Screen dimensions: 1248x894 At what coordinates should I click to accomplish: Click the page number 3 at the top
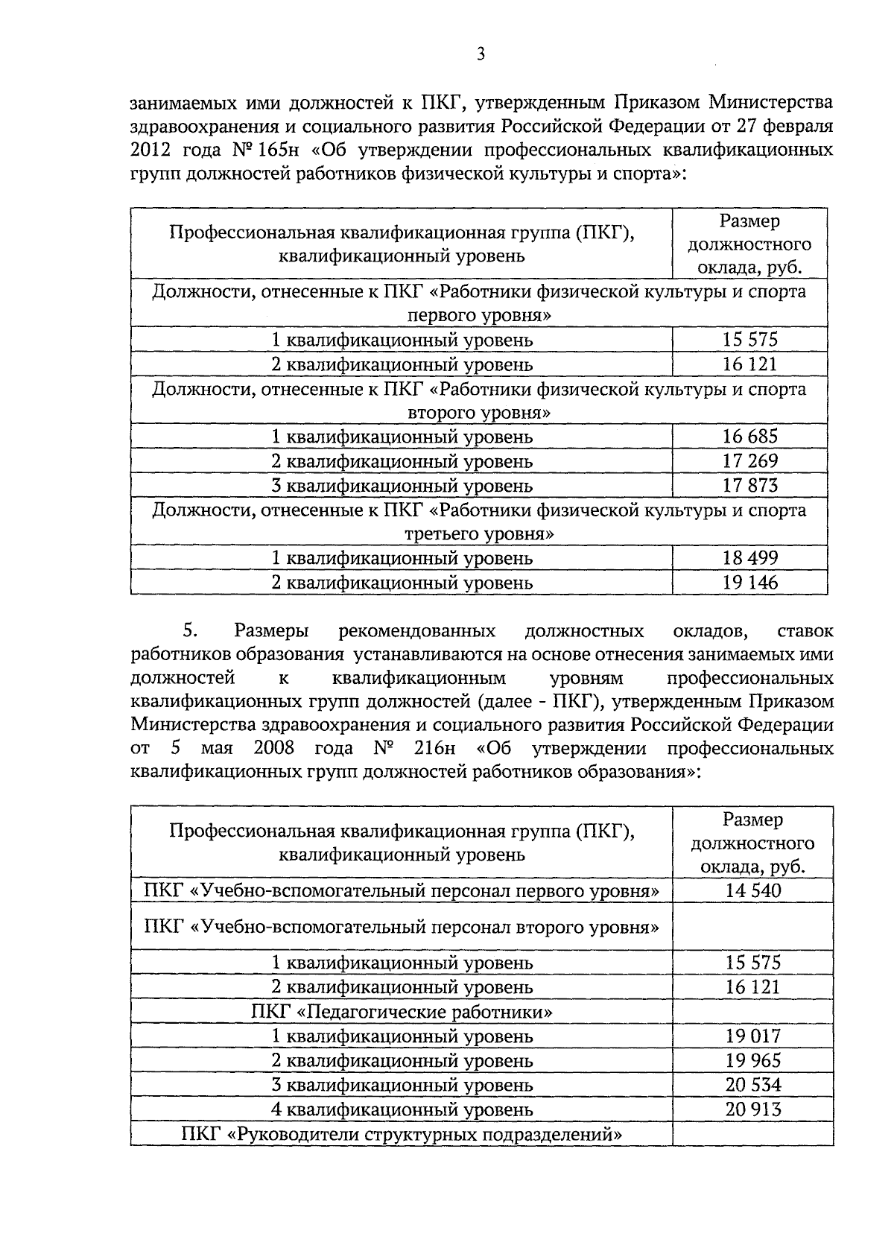click(x=481, y=54)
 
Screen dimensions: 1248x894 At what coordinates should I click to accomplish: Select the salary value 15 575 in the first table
click(x=749, y=340)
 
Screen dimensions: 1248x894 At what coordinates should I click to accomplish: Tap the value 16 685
click(x=749, y=436)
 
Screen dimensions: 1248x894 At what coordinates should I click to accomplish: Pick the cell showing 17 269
click(x=749, y=460)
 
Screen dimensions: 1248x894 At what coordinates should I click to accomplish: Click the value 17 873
click(x=749, y=485)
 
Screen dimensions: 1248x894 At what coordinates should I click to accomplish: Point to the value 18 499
click(x=749, y=557)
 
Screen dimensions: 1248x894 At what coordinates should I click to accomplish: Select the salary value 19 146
click(x=749, y=582)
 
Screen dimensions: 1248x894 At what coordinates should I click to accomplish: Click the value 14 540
click(x=752, y=890)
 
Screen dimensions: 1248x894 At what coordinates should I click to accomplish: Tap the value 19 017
click(x=752, y=1036)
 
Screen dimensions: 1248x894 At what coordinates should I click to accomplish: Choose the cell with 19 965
click(x=752, y=1060)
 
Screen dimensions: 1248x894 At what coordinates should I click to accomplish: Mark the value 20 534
click(x=752, y=1085)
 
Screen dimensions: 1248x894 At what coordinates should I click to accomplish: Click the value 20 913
click(x=752, y=1109)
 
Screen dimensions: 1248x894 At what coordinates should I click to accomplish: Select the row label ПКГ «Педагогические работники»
click(x=402, y=1012)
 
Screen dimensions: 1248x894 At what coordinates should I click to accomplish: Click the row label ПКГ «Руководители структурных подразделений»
click(x=402, y=1134)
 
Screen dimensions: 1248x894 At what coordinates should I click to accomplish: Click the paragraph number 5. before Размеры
click(x=189, y=631)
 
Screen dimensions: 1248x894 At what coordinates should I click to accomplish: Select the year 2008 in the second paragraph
click(x=274, y=747)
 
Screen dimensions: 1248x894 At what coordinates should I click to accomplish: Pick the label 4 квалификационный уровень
click(x=402, y=1109)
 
